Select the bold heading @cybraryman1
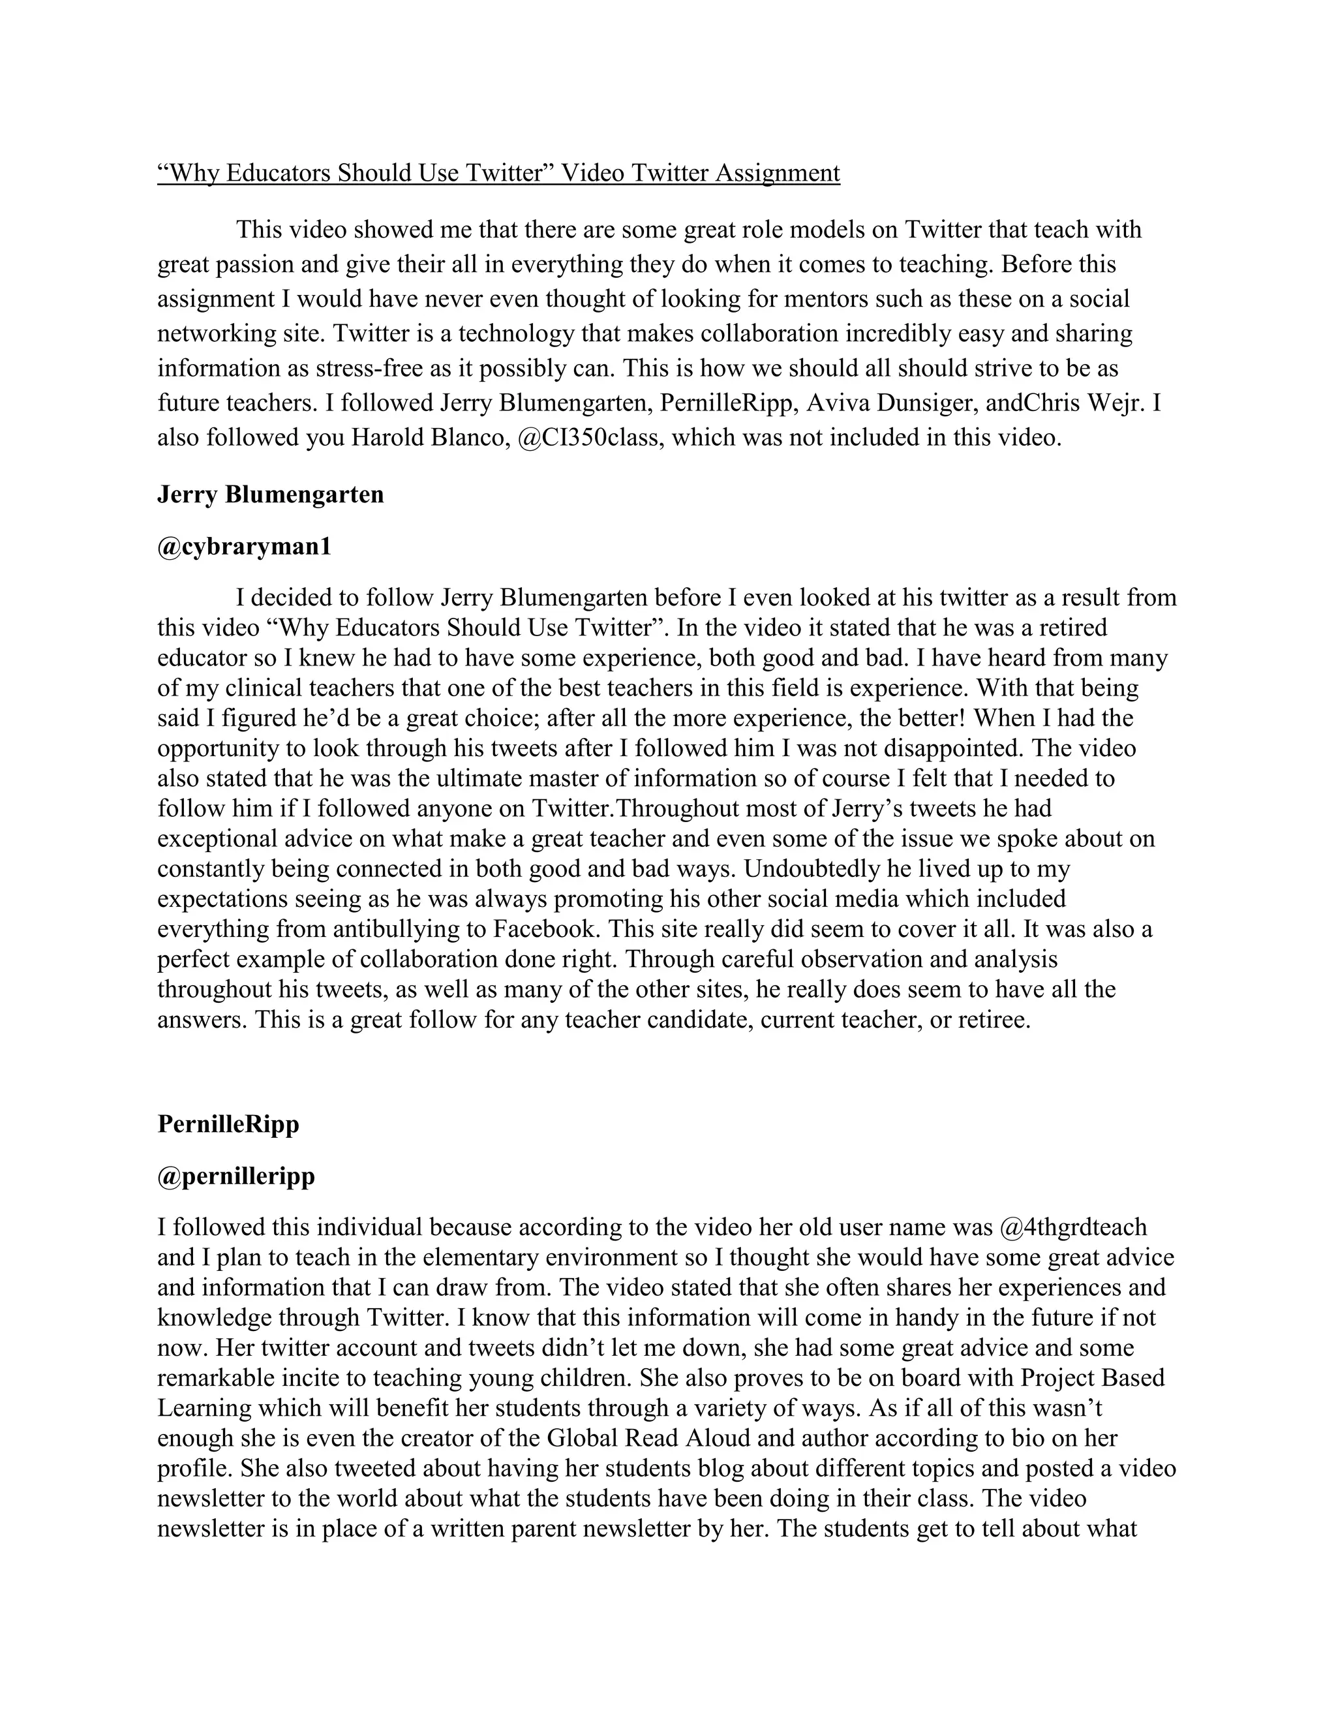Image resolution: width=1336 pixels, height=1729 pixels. [244, 546]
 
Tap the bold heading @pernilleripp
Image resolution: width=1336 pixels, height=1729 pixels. [236, 1176]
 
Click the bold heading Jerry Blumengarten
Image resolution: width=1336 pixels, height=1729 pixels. [271, 494]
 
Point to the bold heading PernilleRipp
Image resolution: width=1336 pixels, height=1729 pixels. [228, 1124]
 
